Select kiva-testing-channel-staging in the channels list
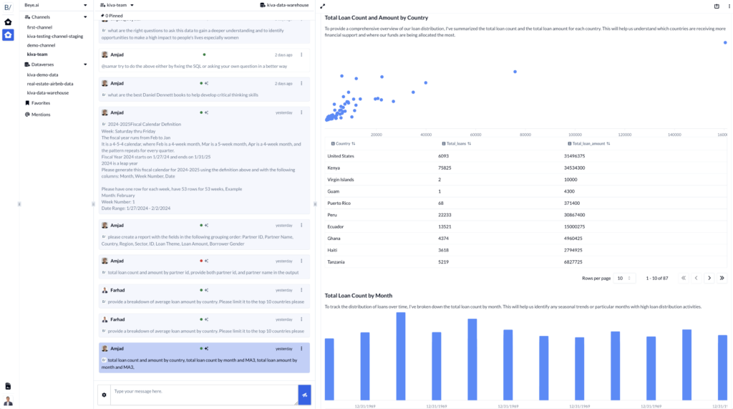coord(55,36)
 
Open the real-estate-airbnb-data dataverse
coord(50,84)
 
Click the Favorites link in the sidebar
coord(41,103)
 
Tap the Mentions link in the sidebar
coord(41,115)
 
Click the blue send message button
coord(304,395)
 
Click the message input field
coord(203,395)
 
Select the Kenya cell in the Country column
coord(335,168)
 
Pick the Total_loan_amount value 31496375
coord(575,155)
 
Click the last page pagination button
coord(722,278)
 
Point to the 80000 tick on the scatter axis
coord(525,135)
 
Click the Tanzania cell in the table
coord(336,262)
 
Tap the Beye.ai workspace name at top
coord(32,5)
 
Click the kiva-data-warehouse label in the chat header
coord(288,5)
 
